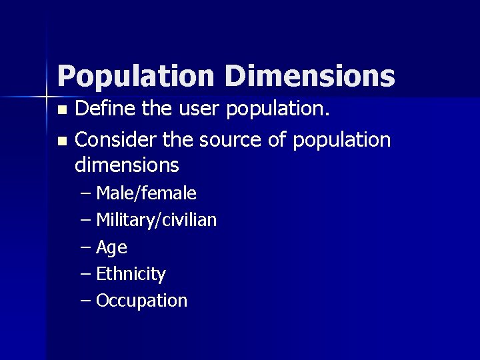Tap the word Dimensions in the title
[309, 76]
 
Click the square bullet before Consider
[62, 141]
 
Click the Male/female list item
[146, 193]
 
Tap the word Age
[111, 247]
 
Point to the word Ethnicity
[131, 273]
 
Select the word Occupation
[141, 300]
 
